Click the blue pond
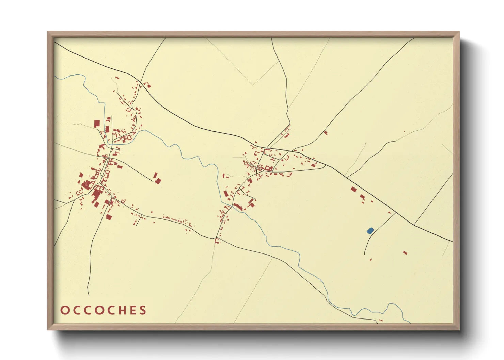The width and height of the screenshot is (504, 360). [x=370, y=231]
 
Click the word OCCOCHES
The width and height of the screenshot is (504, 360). [x=104, y=310]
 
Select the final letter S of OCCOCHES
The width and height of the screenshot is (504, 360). [x=143, y=310]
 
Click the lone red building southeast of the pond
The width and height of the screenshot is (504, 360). [x=405, y=253]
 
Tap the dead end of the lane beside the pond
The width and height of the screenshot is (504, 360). [x=364, y=254]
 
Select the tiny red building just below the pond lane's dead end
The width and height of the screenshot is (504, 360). [x=371, y=260]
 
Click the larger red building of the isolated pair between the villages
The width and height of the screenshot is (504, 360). [x=158, y=181]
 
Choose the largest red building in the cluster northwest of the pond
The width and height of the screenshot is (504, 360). [x=353, y=189]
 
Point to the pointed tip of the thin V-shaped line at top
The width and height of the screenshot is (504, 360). [x=253, y=85]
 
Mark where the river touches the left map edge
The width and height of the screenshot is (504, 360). [x=54, y=76]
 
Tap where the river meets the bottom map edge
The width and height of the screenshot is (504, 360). [x=410, y=323]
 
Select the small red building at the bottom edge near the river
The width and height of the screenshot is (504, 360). [x=381, y=320]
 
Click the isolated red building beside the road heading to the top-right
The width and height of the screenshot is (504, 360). [x=325, y=132]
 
